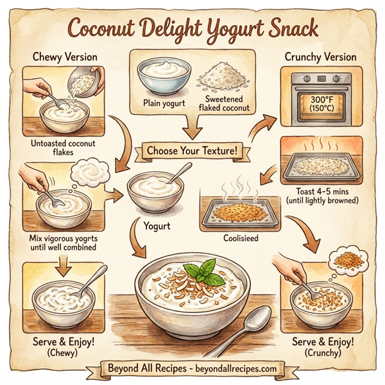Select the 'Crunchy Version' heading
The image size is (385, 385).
point(320,57)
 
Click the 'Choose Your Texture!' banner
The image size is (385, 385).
point(191,151)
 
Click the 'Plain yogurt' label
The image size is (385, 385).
point(164,104)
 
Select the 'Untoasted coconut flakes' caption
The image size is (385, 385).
point(62,148)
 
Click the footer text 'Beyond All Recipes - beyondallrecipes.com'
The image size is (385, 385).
point(193,368)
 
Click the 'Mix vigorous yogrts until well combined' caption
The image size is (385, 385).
point(62,243)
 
